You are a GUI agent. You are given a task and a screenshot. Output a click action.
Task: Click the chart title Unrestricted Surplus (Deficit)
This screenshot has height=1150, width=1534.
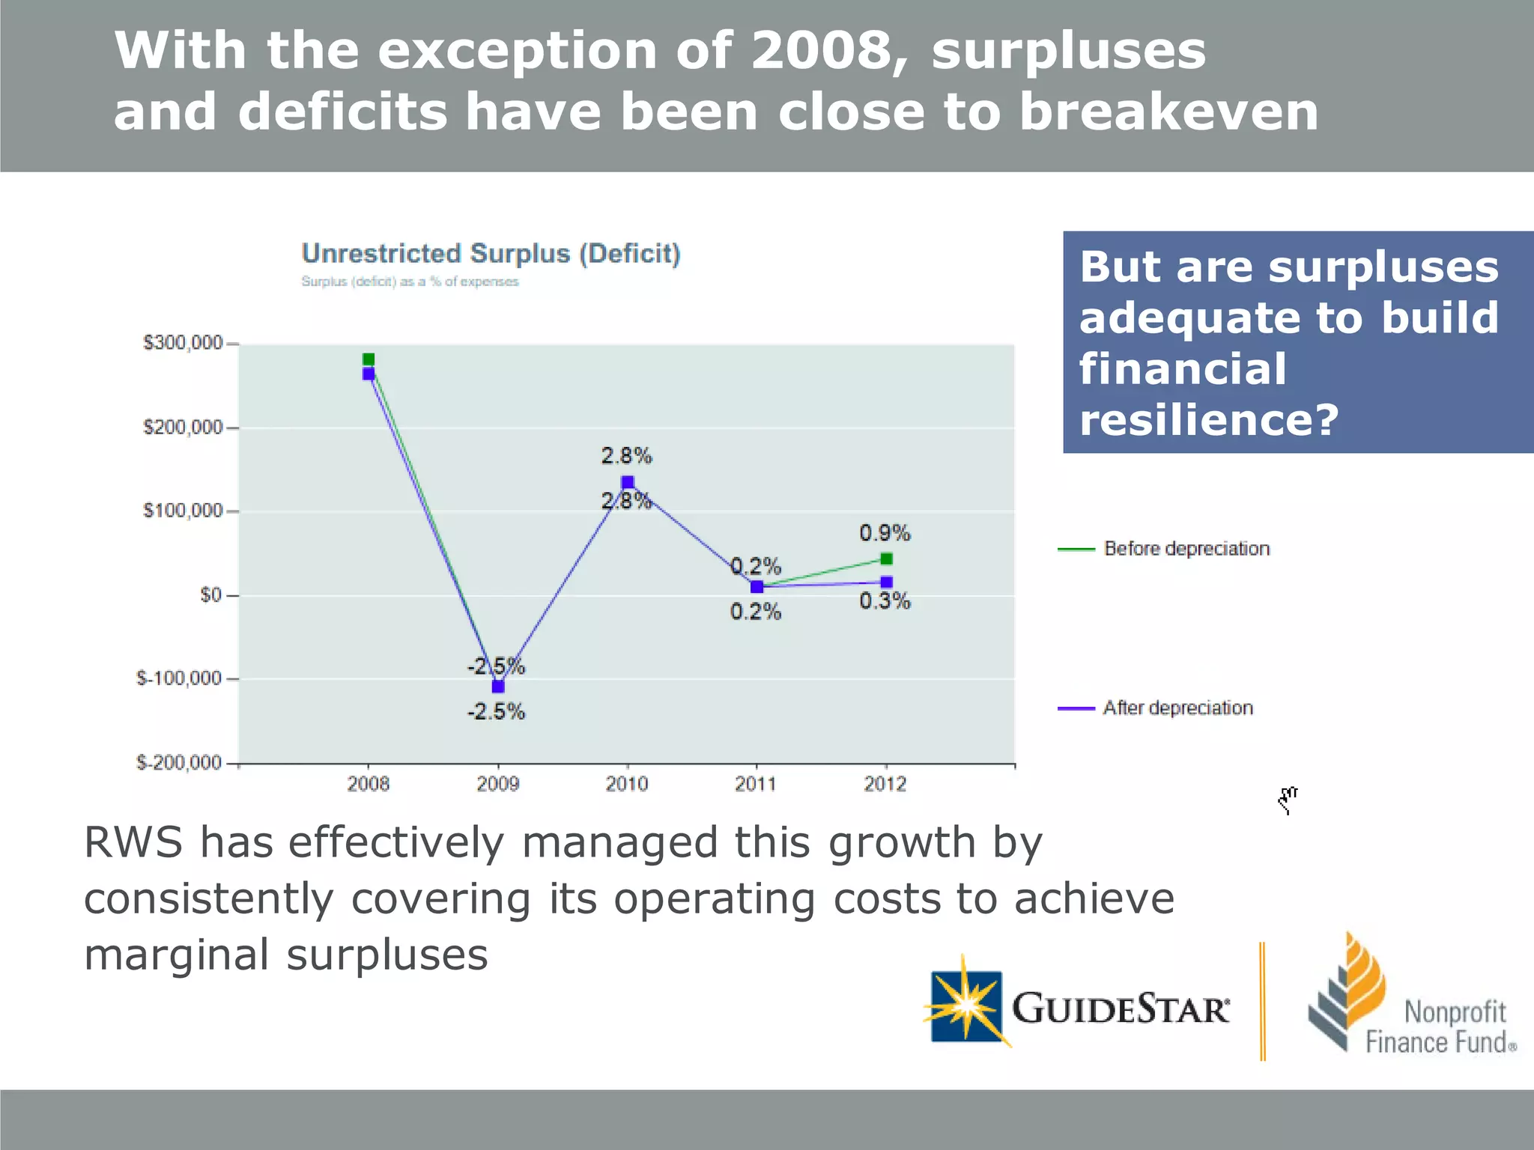coord(491,254)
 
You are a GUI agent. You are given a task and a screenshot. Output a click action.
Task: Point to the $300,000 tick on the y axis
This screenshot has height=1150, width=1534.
coord(183,343)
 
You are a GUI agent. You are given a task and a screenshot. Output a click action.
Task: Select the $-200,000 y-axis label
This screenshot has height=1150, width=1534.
coord(179,763)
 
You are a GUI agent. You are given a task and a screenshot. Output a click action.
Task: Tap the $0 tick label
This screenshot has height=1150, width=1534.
coord(210,595)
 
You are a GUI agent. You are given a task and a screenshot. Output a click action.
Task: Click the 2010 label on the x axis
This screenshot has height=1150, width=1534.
coord(627,784)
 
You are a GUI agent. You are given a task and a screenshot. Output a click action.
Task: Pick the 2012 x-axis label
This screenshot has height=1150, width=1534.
coord(885,784)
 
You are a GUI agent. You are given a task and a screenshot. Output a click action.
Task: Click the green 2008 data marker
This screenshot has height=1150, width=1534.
coord(369,359)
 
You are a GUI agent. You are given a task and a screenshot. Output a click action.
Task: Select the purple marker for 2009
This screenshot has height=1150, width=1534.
coord(498,686)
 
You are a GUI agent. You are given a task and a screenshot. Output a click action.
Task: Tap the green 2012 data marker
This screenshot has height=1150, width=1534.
coord(887,559)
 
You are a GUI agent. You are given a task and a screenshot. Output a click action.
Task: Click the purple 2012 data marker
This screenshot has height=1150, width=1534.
coord(887,582)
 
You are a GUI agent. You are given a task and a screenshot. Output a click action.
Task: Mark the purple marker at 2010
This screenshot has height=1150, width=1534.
coord(628,482)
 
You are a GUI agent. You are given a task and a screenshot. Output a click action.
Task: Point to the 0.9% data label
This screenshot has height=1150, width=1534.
coord(885,533)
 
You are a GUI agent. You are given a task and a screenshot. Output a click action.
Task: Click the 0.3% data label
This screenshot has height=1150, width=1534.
coord(885,601)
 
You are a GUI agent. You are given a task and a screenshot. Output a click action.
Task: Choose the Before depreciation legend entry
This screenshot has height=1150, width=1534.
coord(1186,549)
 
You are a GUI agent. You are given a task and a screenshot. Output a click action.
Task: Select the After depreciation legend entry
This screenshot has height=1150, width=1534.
coord(1177,708)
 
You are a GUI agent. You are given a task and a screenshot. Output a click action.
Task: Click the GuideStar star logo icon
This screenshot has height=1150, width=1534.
coord(967,1006)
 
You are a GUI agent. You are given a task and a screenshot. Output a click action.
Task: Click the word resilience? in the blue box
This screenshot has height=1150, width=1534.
coord(1208,419)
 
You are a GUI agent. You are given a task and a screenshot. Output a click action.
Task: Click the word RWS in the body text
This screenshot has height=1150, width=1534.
coord(133,842)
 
